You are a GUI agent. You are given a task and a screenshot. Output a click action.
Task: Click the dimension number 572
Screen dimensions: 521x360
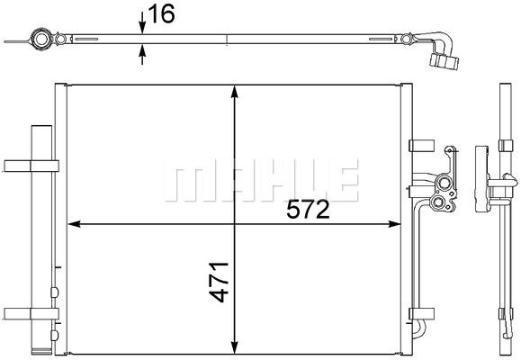tap(308, 210)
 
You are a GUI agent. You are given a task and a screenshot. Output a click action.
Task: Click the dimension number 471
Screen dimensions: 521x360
tap(219, 283)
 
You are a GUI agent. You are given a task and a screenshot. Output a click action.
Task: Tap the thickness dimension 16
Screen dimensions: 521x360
tap(161, 14)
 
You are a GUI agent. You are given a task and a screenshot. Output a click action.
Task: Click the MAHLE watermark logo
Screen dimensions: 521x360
tap(261, 181)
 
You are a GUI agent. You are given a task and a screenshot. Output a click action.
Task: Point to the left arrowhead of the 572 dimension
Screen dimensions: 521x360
tap(74, 224)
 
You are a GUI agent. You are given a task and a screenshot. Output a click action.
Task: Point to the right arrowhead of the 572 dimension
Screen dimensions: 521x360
tap(394, 224)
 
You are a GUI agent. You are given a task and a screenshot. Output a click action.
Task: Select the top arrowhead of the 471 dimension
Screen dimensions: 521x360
tap(235, 92)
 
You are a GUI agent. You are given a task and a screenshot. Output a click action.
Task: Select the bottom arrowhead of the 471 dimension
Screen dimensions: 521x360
tap(235, 347)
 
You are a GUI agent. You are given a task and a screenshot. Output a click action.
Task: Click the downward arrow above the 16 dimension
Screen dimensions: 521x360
tap(142, 22)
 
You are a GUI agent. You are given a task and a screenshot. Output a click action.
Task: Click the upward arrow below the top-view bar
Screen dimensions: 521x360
tap(142, 54)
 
